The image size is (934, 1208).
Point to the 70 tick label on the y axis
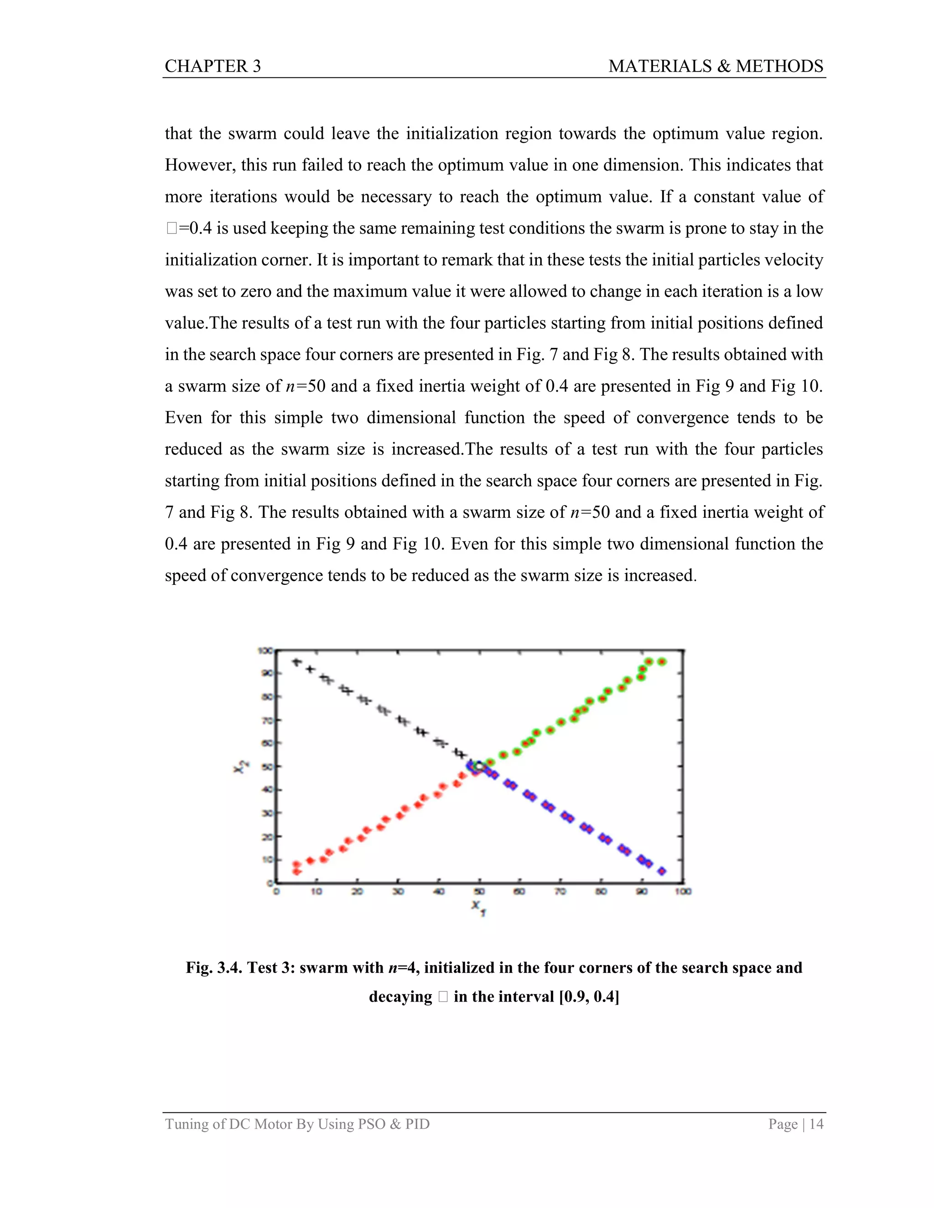[266, 720]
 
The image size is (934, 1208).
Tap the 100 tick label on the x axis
[683, 891]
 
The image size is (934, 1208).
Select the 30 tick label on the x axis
[398, 891]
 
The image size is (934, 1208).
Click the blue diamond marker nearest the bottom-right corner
[662, 871]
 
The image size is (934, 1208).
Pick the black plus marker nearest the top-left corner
[296, 662]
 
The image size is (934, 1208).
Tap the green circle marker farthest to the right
[662, 661]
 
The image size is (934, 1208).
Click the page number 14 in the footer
[816, 1124]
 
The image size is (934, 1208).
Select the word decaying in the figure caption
[400, 996]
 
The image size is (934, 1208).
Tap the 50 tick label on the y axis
[266, 767]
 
